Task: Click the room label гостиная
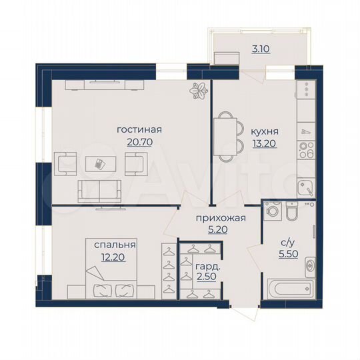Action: click(139, 130)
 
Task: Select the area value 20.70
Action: click(139, 142)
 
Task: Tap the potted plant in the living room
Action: click(198, 90)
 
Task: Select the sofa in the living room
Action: click(100, 190)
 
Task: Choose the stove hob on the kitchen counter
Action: click(306, 149)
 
